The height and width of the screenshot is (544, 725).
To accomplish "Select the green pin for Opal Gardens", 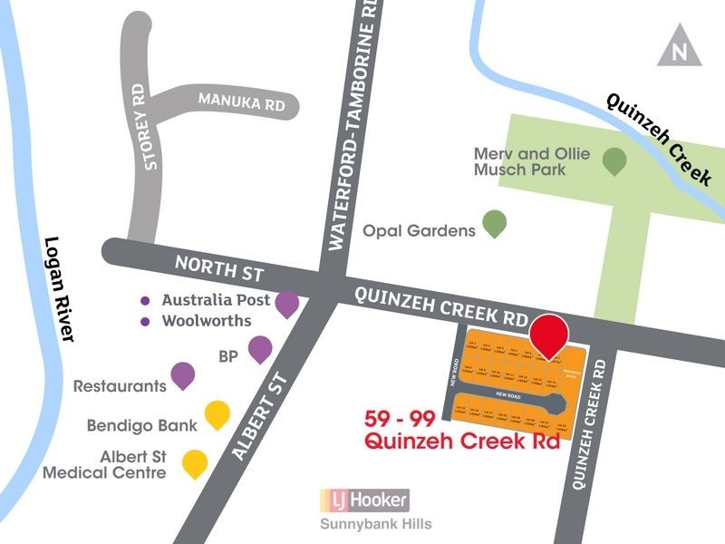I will tap(494, 222).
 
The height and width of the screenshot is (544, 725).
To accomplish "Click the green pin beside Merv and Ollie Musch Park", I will tap(614, 161).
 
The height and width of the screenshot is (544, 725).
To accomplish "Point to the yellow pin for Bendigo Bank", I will tap(217, 414).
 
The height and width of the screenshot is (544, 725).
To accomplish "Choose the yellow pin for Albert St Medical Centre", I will tap(195, 463).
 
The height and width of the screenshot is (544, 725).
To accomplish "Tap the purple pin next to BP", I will tap(260, 348).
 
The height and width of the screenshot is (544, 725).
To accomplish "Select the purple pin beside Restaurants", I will tap(183, 374).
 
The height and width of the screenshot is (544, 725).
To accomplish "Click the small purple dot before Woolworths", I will tap(144, 321).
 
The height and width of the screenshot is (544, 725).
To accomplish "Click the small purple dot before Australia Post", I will tap(144, 300).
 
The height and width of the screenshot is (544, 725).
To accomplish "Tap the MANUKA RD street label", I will tap(242, 102).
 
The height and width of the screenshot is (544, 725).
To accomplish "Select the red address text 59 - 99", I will tap(401, 419).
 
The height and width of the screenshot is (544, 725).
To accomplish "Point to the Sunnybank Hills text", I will tap(375, 524).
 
